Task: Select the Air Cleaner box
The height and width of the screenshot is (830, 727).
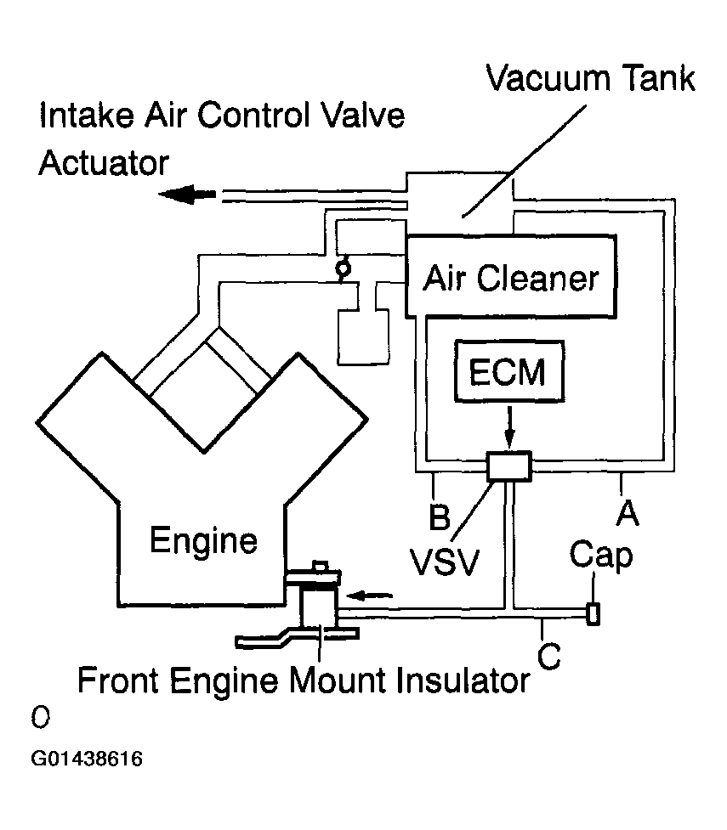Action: tap(510, 276)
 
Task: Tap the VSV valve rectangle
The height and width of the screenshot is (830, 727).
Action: tap(508, 466)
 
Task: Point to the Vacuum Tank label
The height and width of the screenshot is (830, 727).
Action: tap(590, 79)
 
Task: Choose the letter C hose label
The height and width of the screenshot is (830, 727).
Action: tap(549, 657)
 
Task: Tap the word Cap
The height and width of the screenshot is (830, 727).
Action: tap(601, 556)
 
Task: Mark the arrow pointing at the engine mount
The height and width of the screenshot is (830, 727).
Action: tap(372, 594)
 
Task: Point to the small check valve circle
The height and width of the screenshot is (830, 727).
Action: tap(344, 268)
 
